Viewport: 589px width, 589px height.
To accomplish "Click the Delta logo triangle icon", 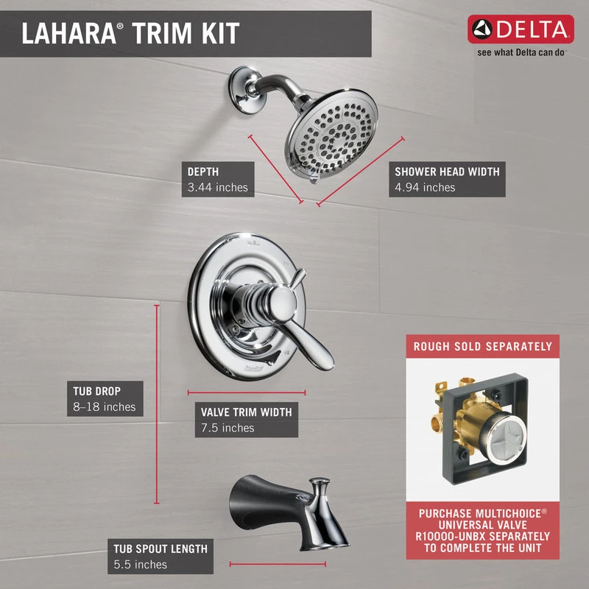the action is pos(482,29).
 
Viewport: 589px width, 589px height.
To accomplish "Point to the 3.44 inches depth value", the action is pos(217,188).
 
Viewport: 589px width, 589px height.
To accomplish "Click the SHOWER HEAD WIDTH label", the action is pos(447,172).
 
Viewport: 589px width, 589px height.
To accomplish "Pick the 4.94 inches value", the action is pos(425,188).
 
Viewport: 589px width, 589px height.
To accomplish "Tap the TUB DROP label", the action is pos(97,391).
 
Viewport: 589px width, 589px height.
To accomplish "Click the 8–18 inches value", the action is pos(105,407).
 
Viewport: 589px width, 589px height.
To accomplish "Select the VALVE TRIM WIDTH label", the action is pos(247,412).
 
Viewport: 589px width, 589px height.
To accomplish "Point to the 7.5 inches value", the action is pos(228,428).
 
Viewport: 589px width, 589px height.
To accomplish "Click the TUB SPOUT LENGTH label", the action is pos(161,549).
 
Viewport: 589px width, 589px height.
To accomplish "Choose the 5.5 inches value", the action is pos(140,565).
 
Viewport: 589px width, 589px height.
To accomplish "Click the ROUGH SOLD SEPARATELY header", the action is pos(483,346).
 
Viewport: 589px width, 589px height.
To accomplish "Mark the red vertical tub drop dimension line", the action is pos(157,404).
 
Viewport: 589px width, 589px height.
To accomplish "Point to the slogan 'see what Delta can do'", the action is pos(521,52).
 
